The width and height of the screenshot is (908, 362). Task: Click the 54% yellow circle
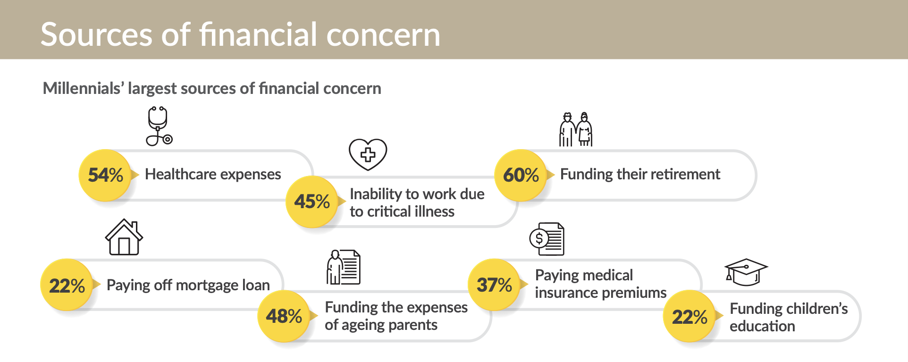[x=105, y=175]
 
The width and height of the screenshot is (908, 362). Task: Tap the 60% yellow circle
[x=521, y=175]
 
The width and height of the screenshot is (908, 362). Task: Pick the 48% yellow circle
[x=284, y=316]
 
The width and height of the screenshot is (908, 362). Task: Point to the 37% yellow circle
[x=494, y=285]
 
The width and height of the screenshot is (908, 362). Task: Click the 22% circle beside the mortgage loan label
[x=67, y=285]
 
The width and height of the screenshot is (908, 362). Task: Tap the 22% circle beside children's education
[x=689, y=316]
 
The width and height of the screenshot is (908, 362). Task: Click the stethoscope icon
[x=159, y=126]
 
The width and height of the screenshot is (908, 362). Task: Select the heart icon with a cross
[x=368, y=154]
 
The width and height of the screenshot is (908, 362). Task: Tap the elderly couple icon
[x=576, y=129]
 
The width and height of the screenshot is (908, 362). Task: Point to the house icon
[x=124, y=237]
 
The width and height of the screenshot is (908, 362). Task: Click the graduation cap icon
[x=746, y=272]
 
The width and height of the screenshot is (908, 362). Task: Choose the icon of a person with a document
[x=344, y=267]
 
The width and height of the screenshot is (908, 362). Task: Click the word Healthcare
[x=180, y=174]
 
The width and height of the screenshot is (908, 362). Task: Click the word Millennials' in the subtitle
[x=83, y=88]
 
